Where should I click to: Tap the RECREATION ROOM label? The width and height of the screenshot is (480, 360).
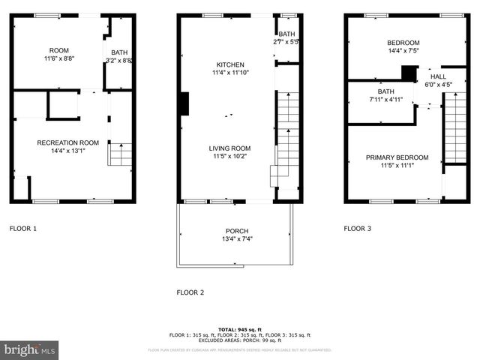[68, 142]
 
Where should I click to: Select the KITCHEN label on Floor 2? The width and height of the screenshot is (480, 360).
[226, 65]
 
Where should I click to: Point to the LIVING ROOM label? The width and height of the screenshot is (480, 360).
[229, 148]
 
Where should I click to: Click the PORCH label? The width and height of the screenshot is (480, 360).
[236, 231]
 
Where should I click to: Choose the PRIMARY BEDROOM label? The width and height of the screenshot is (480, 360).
[397, 157]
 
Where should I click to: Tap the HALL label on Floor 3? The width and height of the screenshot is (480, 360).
[438, 76]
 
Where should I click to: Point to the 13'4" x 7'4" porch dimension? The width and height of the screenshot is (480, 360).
[236, 239]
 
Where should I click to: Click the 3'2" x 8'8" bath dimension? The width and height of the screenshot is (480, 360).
[119, 60]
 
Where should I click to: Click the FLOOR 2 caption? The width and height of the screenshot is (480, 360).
[190, 292]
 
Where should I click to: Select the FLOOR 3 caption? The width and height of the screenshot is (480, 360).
[358, 228]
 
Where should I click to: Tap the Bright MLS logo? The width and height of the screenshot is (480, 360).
[29, 349]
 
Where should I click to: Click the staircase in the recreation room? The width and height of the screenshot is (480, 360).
[121, 154]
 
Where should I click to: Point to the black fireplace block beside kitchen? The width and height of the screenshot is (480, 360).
[184, 103]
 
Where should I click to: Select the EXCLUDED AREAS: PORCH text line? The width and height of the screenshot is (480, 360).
[239, 340]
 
